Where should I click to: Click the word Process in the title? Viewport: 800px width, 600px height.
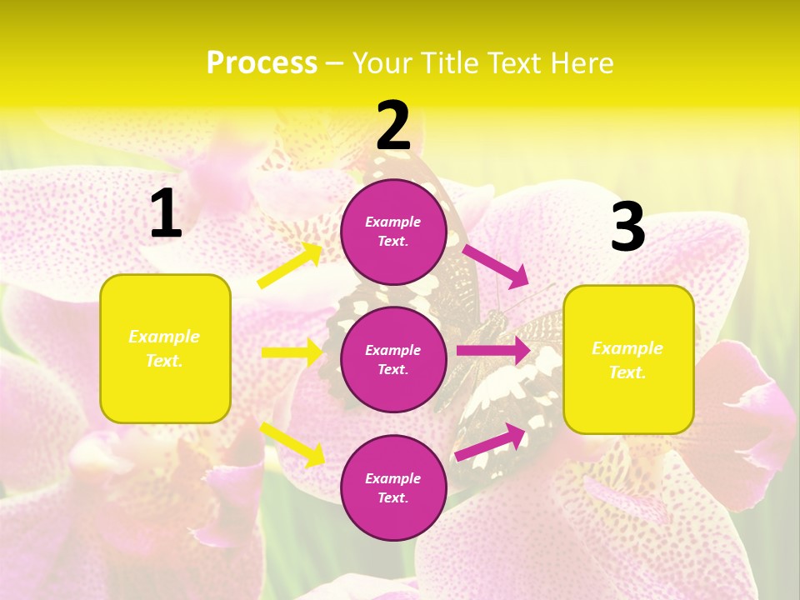pyautogui.click(x=262, y=62)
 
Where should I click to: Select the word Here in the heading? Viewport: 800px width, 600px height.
pyautogui.click(x=582, y=62)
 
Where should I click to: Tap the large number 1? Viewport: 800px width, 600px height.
pyautogui.click(x=166, y=214)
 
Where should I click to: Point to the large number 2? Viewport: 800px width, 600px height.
pyautogui.click(x=393, y=126)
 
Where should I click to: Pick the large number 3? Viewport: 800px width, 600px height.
pyautogui.click(x=627, y=227)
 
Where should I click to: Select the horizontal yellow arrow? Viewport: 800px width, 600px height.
pyautogui.click(x=292, y=352)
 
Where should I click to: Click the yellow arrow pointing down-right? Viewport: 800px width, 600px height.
pyautogui.click(x=292, y=444)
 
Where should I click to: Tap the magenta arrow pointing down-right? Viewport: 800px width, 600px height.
pyautogui.click(x=495, y=265)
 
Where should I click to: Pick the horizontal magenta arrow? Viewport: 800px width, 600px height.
pyautogui.click(x=493, y=351)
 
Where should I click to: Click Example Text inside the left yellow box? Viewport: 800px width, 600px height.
pyautogui.click(x=164, y=348)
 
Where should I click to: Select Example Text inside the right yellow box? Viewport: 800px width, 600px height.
pyautogui.click(x=627, y=360)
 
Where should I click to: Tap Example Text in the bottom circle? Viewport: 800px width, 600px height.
pyautogui.click(x=393, y=487)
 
